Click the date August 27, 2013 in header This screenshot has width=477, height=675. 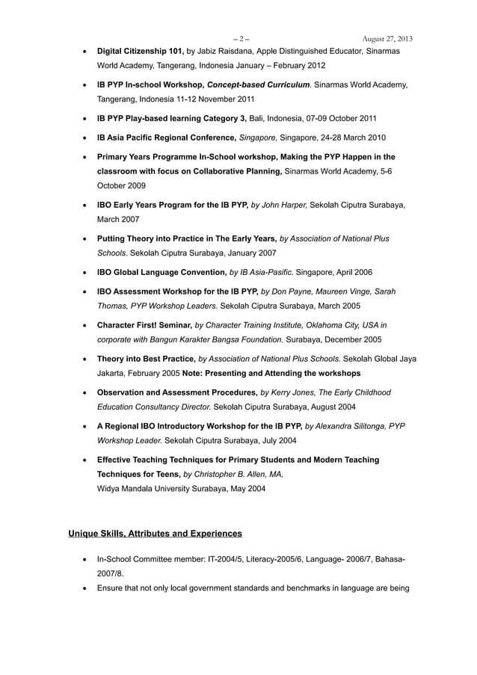[387, 39]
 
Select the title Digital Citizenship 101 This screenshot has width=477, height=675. [140, 52]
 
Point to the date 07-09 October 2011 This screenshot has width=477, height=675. [340, 118]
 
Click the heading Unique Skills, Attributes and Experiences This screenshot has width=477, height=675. [155, 533]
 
